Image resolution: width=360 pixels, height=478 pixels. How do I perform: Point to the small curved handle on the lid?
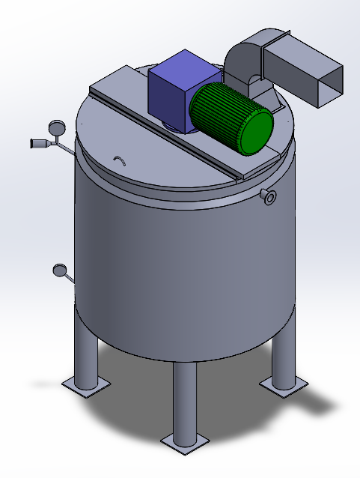pos(118,160)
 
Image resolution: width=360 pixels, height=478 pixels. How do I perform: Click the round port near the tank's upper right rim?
pos(269,197)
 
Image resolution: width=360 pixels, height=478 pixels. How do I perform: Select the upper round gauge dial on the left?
pos(57,127)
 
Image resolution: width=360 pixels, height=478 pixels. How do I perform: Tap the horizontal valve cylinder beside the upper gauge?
pos(38,142)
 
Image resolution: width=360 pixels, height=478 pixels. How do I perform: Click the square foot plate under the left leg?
pos(85,385)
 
